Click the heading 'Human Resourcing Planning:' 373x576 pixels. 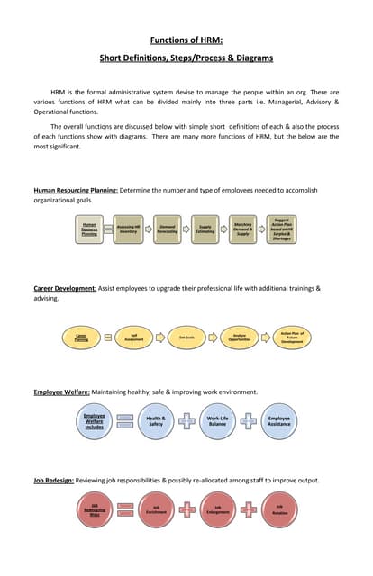click(x=76, y=191)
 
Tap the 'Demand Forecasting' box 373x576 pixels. click(x=167, y=229)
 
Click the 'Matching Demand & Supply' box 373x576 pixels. click(x=242, y=229)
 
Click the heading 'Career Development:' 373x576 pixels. click(x=65, y=288)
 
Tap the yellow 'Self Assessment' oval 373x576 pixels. click(x=133, y=337)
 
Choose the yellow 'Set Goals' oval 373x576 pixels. click(x=187, y=337)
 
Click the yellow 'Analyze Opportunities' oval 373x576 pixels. click(x=240, y=337)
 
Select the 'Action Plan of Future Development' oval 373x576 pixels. click(x=293, y=337)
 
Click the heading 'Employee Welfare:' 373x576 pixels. click(x=62, y=392)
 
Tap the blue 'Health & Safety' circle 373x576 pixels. click(x=156, y=421)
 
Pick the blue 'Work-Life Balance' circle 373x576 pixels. click(x=217, y=421)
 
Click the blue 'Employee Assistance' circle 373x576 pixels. click(x=279, y=421)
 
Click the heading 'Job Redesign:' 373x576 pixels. click(x=54, y=481)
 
